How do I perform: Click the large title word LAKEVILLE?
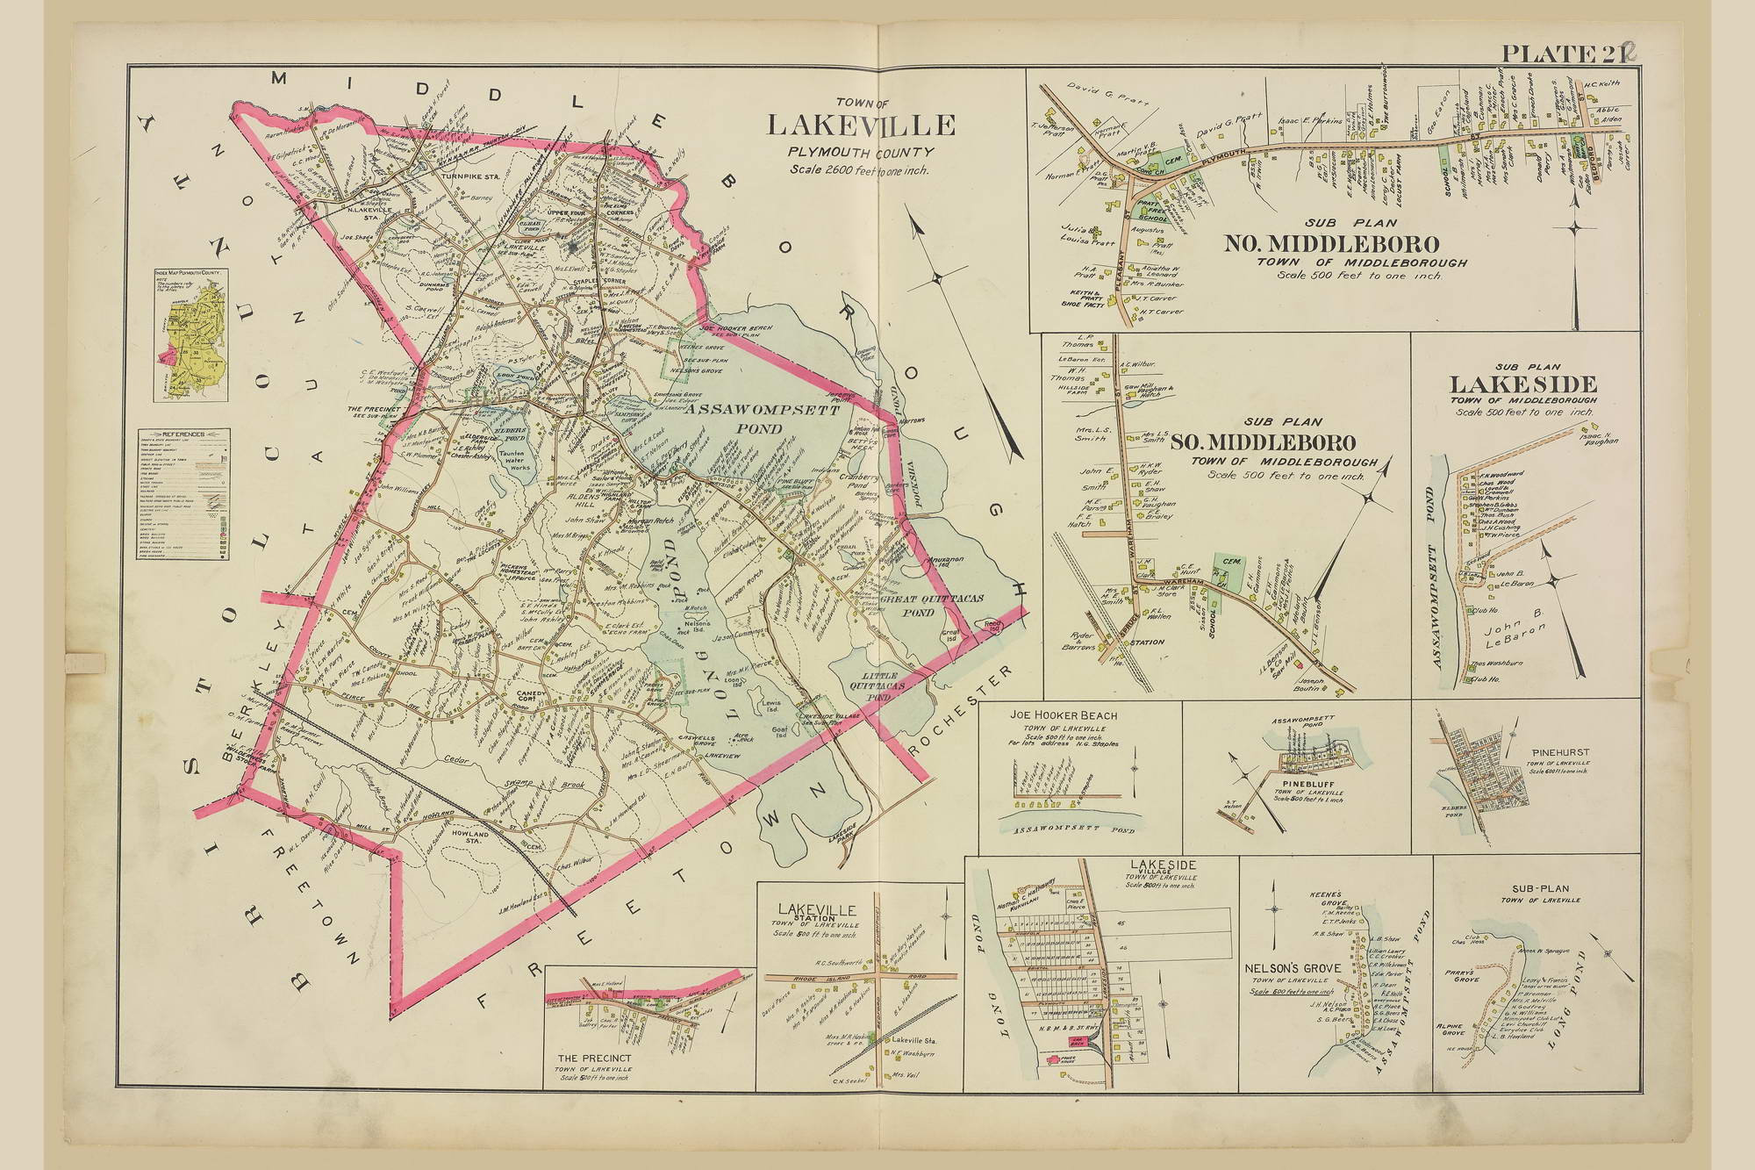click(861, 125)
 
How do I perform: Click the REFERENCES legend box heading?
click(183, 434)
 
